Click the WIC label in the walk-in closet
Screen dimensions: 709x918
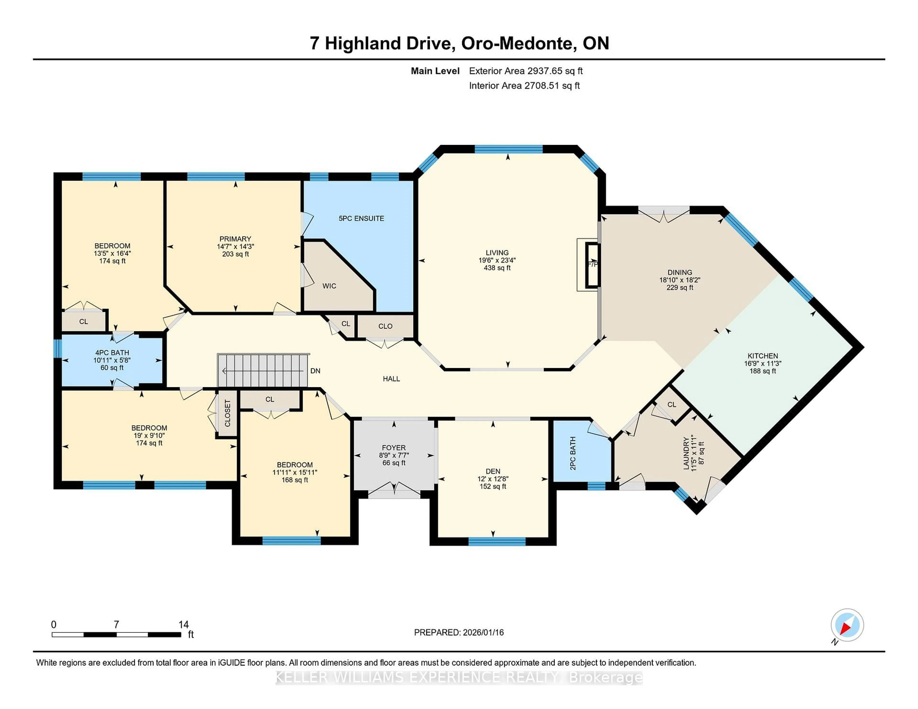(x=329, y=286)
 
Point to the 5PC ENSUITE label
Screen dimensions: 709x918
(x=361, y=218)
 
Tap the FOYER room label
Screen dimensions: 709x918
(x=393, y=448)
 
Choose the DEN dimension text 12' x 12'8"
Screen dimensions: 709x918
(x=493, y=479)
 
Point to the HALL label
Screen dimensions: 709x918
(x=391, y=379)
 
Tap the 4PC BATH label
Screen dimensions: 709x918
(x=112, y=353)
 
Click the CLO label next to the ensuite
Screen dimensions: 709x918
(x=385, y=326)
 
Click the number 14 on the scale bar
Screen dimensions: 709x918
(x=183, y=625)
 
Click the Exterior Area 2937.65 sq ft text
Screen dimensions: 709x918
(x=525, y=71)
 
